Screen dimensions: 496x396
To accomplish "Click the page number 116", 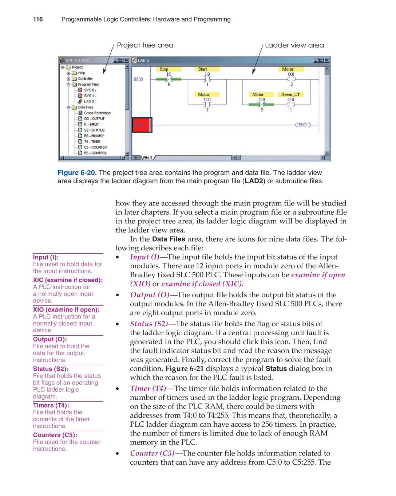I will click(38, 19).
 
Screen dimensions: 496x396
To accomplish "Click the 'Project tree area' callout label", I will click(145, 45).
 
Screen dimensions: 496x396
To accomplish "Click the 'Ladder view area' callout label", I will click(294, 45).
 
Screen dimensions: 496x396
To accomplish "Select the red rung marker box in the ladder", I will click(142, 125).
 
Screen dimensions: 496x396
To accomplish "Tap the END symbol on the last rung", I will click(303, 125).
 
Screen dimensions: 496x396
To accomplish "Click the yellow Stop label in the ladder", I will click(164, 69).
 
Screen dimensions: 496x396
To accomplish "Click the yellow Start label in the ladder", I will click(202, 69).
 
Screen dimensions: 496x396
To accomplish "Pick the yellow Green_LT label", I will click(290, 94).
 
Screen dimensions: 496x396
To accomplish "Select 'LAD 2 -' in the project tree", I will click(90, 102).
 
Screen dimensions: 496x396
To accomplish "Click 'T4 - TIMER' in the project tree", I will click(92, 141).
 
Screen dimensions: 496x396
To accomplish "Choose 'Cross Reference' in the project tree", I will click(97, 113).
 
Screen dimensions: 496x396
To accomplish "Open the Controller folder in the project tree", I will click(85, 79).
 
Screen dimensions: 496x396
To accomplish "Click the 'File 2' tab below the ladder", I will click(147, 157).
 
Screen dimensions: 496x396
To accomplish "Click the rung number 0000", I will click(138, 79).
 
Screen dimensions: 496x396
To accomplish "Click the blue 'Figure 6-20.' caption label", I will click(77, 173).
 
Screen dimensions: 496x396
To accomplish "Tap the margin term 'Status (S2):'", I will click(51, 369).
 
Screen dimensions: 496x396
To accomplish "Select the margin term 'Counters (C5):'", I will click(55, 435).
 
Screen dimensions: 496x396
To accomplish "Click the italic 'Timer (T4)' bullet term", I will click(148, 388).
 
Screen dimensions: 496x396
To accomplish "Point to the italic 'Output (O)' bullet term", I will click(150, 295).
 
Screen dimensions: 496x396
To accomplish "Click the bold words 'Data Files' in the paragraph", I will click(169, 239).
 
